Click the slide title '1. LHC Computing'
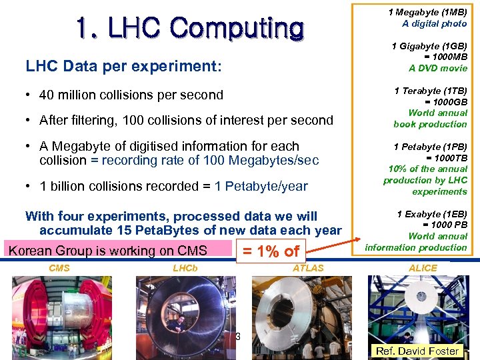click(189, 28)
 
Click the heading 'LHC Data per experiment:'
click(123, 67)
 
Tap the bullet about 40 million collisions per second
click(131, 95)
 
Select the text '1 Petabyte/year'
click(261, 187)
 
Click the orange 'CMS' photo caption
click(59, 268)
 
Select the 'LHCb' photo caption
click(184, 268)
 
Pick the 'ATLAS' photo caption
click(308, 268)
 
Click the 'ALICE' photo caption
click(423, 268)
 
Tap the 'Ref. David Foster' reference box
click(417, 351)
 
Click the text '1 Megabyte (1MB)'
click(427, 12)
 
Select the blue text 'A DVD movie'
click(437, 68)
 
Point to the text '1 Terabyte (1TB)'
click(430, 91)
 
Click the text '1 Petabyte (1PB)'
click(430, 147)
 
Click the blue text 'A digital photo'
click(434, 23)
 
